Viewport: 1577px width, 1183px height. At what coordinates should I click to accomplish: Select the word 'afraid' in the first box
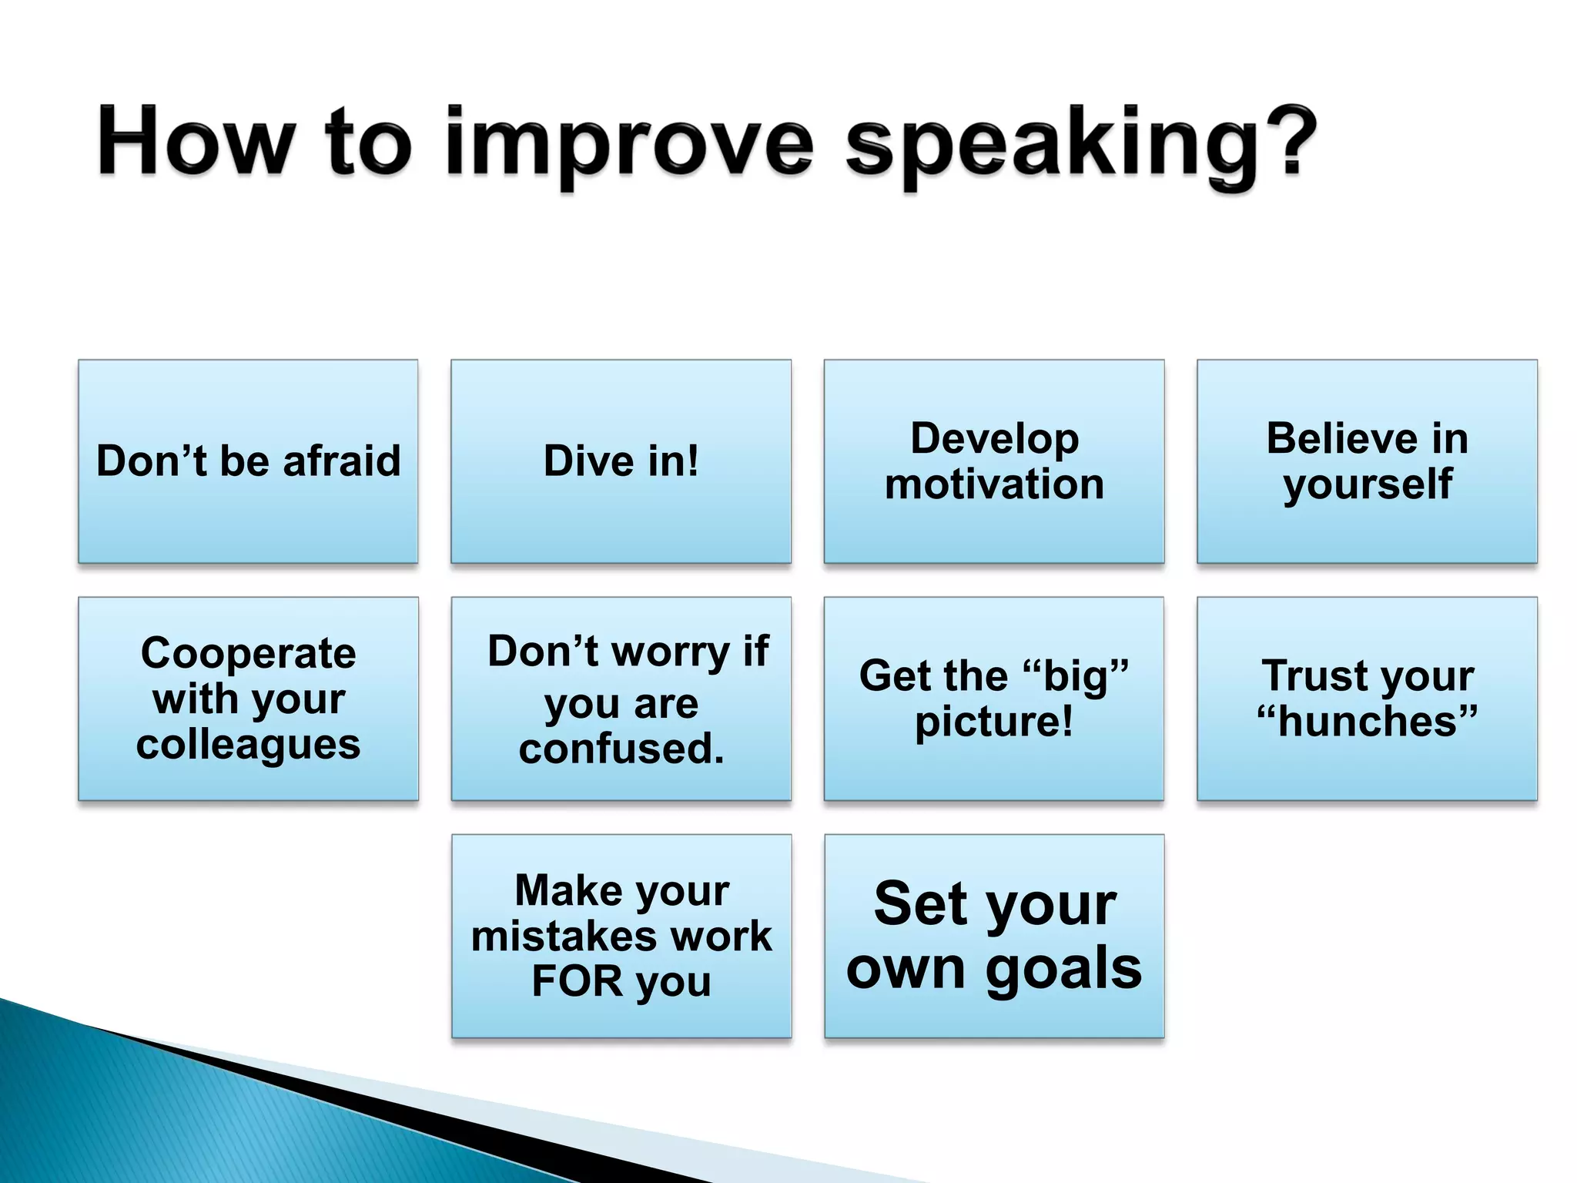[342, 461]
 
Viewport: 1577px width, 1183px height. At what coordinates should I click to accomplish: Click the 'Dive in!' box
[621, 461]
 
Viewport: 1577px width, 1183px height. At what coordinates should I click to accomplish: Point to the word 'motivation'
[994, 484]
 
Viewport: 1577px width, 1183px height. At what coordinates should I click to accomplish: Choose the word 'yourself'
[1368, 485]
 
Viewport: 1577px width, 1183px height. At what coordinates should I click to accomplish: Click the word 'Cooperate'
[248, 653]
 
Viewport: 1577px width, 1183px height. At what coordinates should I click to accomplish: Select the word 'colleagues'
[248, 745]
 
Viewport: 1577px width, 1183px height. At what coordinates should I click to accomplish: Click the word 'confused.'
[621, 749]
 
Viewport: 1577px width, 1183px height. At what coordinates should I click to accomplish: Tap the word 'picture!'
[993, 722]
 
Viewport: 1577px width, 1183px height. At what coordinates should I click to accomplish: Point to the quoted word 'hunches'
[1368, 722]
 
